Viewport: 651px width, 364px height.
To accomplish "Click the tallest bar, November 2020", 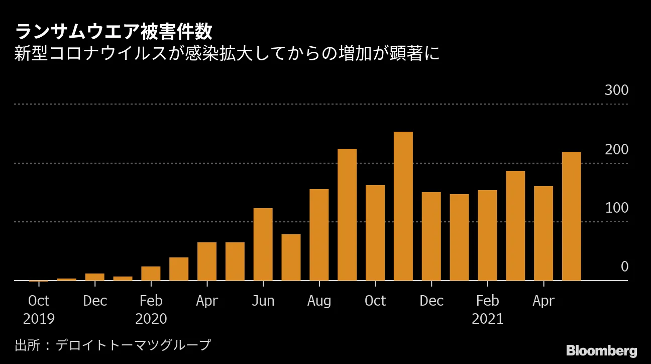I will point(403,206).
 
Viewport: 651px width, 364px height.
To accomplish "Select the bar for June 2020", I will point(263,244).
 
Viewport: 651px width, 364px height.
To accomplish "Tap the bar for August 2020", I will point(319,235).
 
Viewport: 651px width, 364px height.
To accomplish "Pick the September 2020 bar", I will point(347,215).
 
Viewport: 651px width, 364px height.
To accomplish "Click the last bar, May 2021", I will point(571,216).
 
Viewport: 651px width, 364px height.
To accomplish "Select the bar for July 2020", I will point(291,257).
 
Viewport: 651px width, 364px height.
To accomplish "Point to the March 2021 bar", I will point(515,226).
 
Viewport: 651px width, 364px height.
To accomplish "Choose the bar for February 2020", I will point(151,274).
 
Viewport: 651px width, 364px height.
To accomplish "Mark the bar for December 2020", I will point(431,236).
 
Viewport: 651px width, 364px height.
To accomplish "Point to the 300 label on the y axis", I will point(616,91).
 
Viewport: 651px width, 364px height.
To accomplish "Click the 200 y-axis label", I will point(616,150).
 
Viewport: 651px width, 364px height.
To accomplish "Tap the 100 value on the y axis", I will point(616,208).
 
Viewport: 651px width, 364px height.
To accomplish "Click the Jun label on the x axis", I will point(263,301).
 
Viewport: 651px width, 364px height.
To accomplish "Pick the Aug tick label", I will point(319,301).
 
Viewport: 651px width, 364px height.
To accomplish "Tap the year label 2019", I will point(39,319).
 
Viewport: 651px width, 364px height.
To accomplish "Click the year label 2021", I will point(487,319).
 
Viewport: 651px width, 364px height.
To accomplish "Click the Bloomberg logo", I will point(601,351).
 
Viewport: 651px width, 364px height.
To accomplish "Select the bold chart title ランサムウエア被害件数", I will point(114,32).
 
